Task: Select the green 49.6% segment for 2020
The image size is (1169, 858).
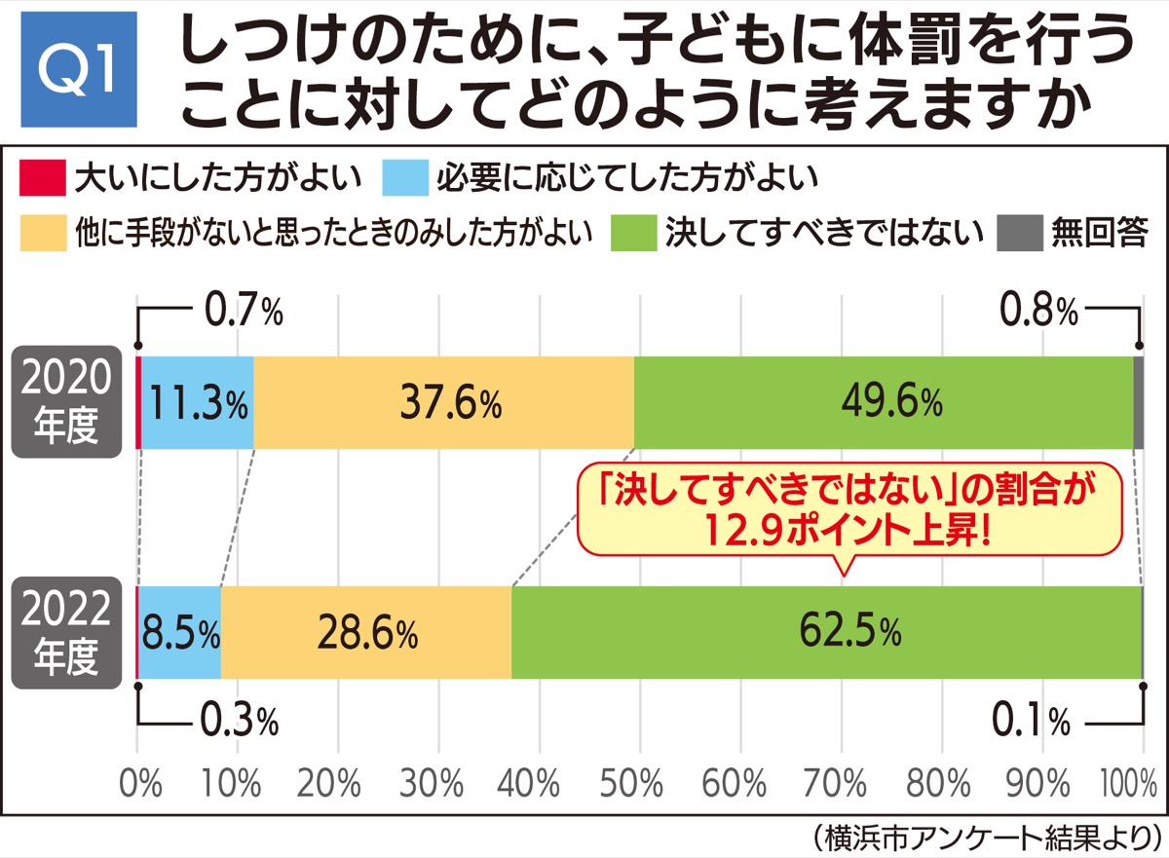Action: coord(883,401)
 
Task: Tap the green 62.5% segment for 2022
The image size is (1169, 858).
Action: coord(826,632)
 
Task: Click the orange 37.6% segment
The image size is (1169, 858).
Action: coord(443,401)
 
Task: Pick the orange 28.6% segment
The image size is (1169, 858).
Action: coord(366,633)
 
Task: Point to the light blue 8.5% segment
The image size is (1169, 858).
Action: coord(180,633)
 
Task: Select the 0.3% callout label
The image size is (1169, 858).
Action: coord(240,722)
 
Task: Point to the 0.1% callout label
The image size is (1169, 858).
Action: coord(1031,722)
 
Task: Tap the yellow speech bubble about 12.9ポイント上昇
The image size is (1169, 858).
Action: coord(844,511)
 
